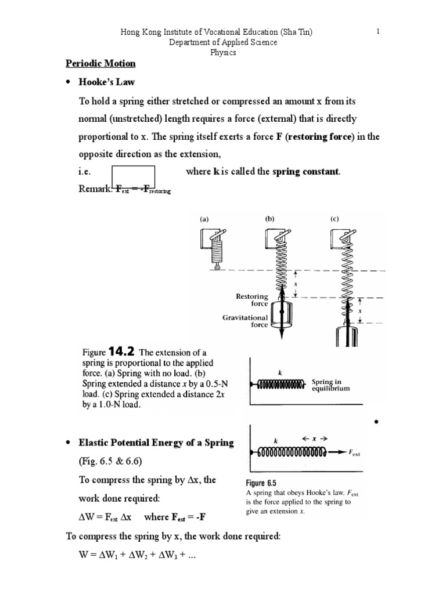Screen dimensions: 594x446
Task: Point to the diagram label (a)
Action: (x=204, y=219)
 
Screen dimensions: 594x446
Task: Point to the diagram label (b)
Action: (x=269, y=219)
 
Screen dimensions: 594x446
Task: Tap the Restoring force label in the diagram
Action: (x=251, y=299)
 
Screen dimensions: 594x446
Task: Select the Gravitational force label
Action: (x=246, y=321)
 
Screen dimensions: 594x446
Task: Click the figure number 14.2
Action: (x=123, y=352)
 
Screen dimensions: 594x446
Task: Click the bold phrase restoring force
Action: (x=321, y=137)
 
